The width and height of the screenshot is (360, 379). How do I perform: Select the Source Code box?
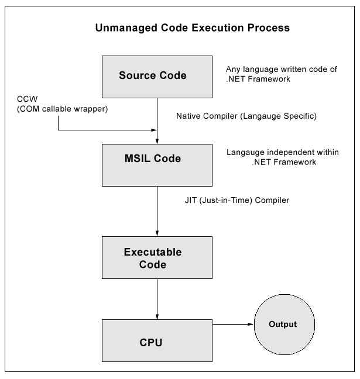152,76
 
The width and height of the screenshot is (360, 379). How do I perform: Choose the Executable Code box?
152,258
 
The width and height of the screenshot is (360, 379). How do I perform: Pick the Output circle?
282,325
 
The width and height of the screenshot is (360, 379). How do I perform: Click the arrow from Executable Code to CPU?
157,298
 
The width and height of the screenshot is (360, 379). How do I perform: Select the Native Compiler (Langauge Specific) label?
246,116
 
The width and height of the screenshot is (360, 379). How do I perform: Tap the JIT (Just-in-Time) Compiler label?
233,201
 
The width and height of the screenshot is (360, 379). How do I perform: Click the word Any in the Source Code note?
232,69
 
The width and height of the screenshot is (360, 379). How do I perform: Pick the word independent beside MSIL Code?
282,152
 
